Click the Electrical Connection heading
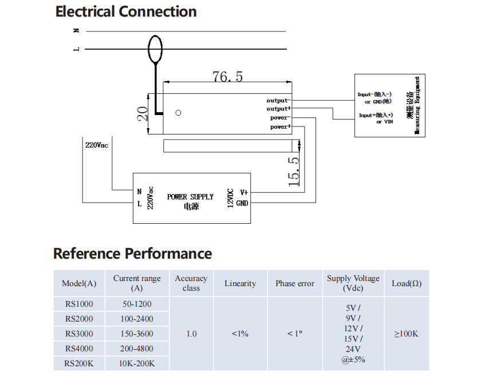pos(126,12)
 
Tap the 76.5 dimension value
pos(227,77)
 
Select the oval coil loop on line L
pos(155,49)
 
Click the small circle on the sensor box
pos(178,113)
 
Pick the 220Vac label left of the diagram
pos(97,145)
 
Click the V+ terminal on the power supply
pos(243,193)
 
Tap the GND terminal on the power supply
pos(242,203)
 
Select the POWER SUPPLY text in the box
pos(190,197)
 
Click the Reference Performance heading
pos(132,254)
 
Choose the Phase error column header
pos(294,283)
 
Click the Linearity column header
pos(240,283)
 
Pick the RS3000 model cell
pos(79,334)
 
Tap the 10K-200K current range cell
pos(137,363)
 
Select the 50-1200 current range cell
pos(137,304)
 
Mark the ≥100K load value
pos(406,334)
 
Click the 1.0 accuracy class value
pos(191,334)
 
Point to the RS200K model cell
pos(79,363)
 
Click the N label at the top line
pos(76,31)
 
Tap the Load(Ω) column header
pos(406,283)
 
